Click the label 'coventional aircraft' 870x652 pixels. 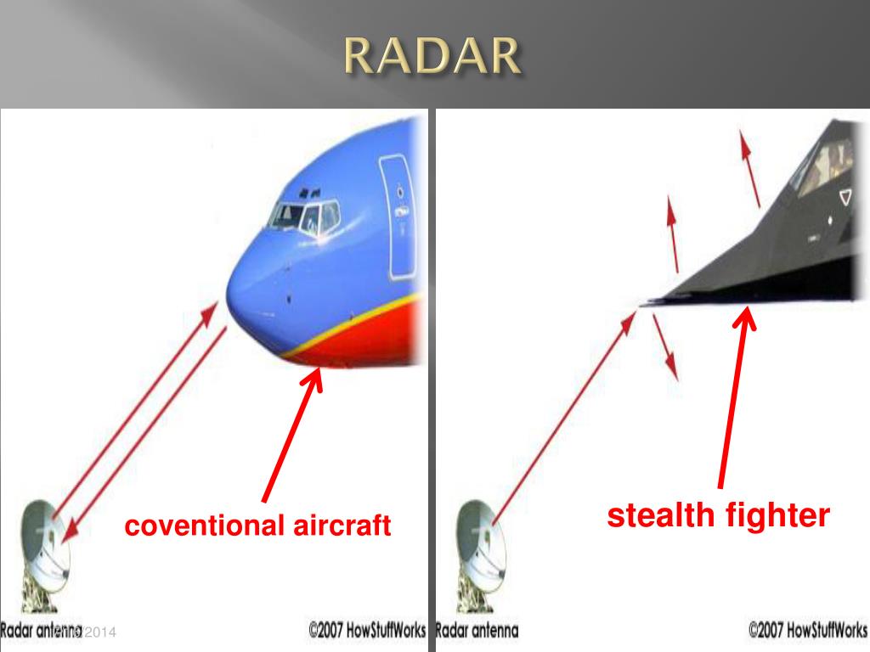[257, 526]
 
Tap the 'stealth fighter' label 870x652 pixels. [718, 515]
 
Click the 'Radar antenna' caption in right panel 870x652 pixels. [477, 632]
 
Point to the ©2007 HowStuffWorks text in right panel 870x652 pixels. [807, 632]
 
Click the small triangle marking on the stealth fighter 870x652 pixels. [844, 197]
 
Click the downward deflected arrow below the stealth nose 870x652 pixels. [666, 348]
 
